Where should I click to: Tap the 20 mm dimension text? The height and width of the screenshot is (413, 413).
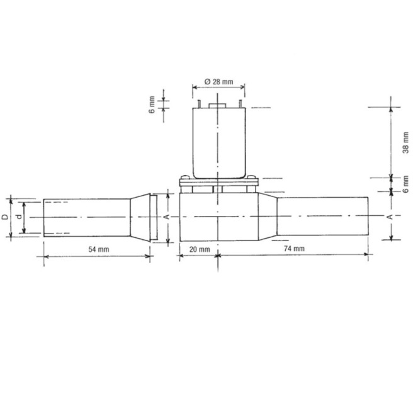pyautogui.click(x=200, y=249)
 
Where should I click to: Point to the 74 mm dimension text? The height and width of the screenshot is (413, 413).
pyautogui.click(x=291, y=249)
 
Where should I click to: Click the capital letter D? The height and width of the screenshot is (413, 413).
pyautogui.click(x=5, y=217)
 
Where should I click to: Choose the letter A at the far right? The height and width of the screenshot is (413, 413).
pyautogui.click(x=389, y=217)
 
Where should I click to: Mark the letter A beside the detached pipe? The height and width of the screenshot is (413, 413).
pyautogui.click(x=166, y=217)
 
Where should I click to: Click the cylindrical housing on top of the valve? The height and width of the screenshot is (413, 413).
pyautogui.click(x=217, y=142)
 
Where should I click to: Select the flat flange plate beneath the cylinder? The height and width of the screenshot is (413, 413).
pyautogui.click(x=217, y=183)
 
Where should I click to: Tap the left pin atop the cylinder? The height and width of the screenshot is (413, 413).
pyautogui.click(x=197, y=103)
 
